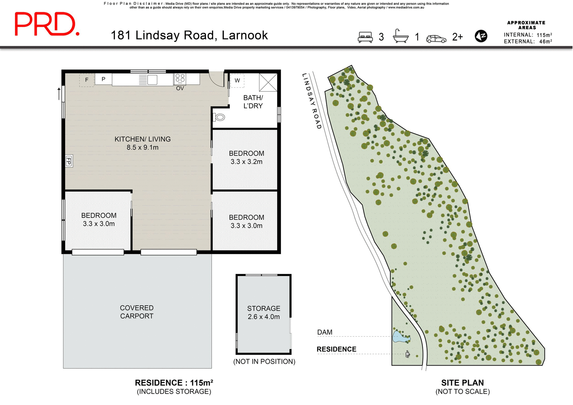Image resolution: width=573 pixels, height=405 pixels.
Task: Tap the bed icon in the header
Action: [365, 37]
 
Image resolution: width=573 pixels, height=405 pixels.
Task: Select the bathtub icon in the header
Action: [401, 37]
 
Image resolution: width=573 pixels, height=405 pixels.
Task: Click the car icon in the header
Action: [436, 39]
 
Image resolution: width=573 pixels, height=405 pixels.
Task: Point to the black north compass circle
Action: [481, 36]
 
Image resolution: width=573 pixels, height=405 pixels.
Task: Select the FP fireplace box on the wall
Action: [69, 161]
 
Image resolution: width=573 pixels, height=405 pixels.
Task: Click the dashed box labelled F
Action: [87, 80]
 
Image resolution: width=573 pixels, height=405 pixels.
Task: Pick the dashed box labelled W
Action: [237, 81]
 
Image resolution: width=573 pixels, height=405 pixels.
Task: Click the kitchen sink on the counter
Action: [152, 80]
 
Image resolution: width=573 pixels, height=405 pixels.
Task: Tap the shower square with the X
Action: [268, 82]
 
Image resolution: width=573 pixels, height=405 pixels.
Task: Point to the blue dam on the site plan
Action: [400, 337]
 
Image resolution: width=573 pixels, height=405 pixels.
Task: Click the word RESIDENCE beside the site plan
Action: [336, 349]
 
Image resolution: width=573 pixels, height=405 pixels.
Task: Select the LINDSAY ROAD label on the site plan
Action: [312, 101]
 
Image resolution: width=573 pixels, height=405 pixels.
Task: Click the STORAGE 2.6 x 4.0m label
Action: [264, 312]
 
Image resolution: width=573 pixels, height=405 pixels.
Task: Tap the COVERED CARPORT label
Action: [137, 312]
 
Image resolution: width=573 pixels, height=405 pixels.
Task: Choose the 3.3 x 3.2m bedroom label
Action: [247, 158]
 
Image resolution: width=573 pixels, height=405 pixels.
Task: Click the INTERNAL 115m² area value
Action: [544, 35]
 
